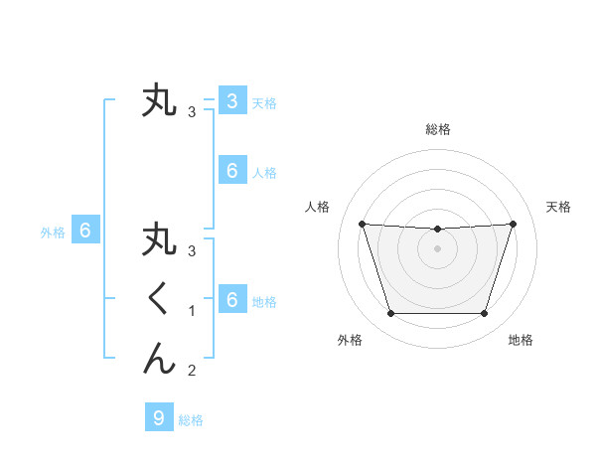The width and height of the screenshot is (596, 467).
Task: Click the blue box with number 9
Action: [x=159, y=418]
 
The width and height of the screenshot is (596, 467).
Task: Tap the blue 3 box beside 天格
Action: [x=231, y=101]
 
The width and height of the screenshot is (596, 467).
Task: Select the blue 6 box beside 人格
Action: [x=231, y=171]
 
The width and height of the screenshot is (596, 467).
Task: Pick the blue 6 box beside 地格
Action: [x=231, y=300]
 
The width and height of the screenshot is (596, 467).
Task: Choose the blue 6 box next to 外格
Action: [x=85, y=232]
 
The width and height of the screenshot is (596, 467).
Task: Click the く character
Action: [x=158, y=298]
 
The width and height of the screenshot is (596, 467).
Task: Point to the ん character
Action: [x=159, y=357]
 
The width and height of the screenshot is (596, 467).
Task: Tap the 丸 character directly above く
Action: [x=159, y=241]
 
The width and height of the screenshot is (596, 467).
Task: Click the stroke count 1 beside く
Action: [x=192, y=311]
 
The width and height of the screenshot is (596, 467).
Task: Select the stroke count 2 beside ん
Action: [x=192, y=371]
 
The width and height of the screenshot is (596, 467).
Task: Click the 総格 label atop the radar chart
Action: [x=438, y=129]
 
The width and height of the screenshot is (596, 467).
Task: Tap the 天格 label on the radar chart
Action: [x=558, y=207]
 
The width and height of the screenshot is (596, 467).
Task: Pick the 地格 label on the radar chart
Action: [x=521, y=340]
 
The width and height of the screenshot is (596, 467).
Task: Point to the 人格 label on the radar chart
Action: [x=317, y=207]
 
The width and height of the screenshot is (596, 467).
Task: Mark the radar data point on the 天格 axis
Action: [x=513, y=224]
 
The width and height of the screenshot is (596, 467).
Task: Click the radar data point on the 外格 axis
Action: [x=390, y=314]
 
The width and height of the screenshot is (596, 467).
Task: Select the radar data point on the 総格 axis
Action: [x=437, y=230]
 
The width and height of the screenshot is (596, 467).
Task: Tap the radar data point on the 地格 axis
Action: [x=484, y=314]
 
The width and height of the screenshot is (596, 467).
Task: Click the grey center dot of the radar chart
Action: [x=437, y=248]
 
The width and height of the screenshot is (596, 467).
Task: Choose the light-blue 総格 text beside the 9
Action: [x=191, y=420]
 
